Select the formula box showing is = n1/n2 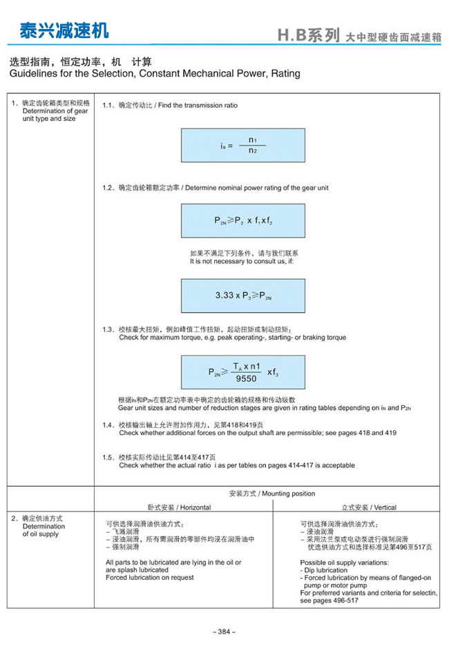pos(242,145)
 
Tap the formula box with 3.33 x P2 pos(242,295)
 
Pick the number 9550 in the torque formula pos(246,378)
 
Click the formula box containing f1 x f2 pos(242,221)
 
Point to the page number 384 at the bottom pos(224,632)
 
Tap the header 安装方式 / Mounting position pos(271,494)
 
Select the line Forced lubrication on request pos(150,577)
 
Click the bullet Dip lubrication pos(325,570)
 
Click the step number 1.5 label pos(108,457)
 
